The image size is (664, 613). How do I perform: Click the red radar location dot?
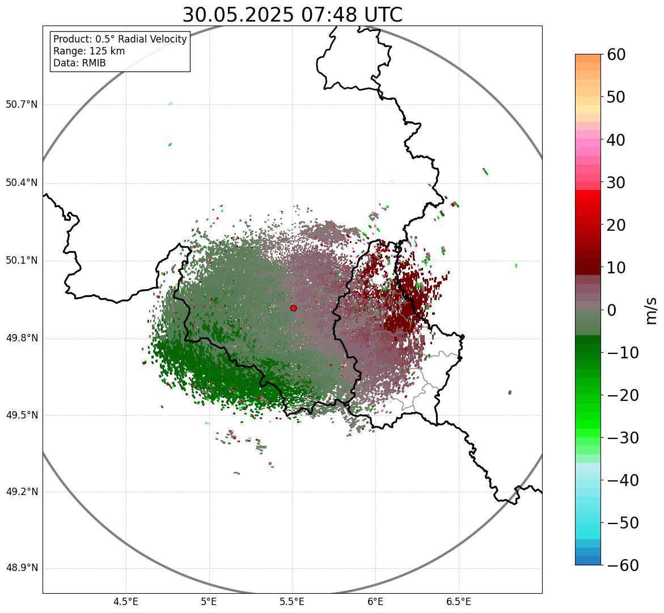click(x=293, y=308)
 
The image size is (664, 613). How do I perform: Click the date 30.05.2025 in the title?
click(x=238, y=15)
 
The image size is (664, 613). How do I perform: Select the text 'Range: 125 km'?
click(x=89, y=51)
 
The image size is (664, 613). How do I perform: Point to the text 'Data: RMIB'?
click(x=79, y=63)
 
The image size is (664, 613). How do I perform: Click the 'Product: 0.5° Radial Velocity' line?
click(x=120, y=39)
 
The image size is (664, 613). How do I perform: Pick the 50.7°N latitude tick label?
click(x=22, y=105)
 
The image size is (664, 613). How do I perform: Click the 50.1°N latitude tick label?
click(x=22, y=261)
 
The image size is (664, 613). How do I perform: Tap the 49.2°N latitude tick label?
click(x=22, y=492)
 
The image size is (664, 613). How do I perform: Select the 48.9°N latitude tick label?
click(x=22, y=568)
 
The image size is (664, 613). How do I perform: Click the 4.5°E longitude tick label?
click(x=126, y=601)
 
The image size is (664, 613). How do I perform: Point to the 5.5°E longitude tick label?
click(x=292, y=601)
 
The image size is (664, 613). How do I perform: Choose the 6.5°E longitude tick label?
click(x=458, y=601)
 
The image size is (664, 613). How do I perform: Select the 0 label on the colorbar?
click(x=612, y=310)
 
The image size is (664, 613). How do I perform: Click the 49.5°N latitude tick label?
click(x=22, y=415)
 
